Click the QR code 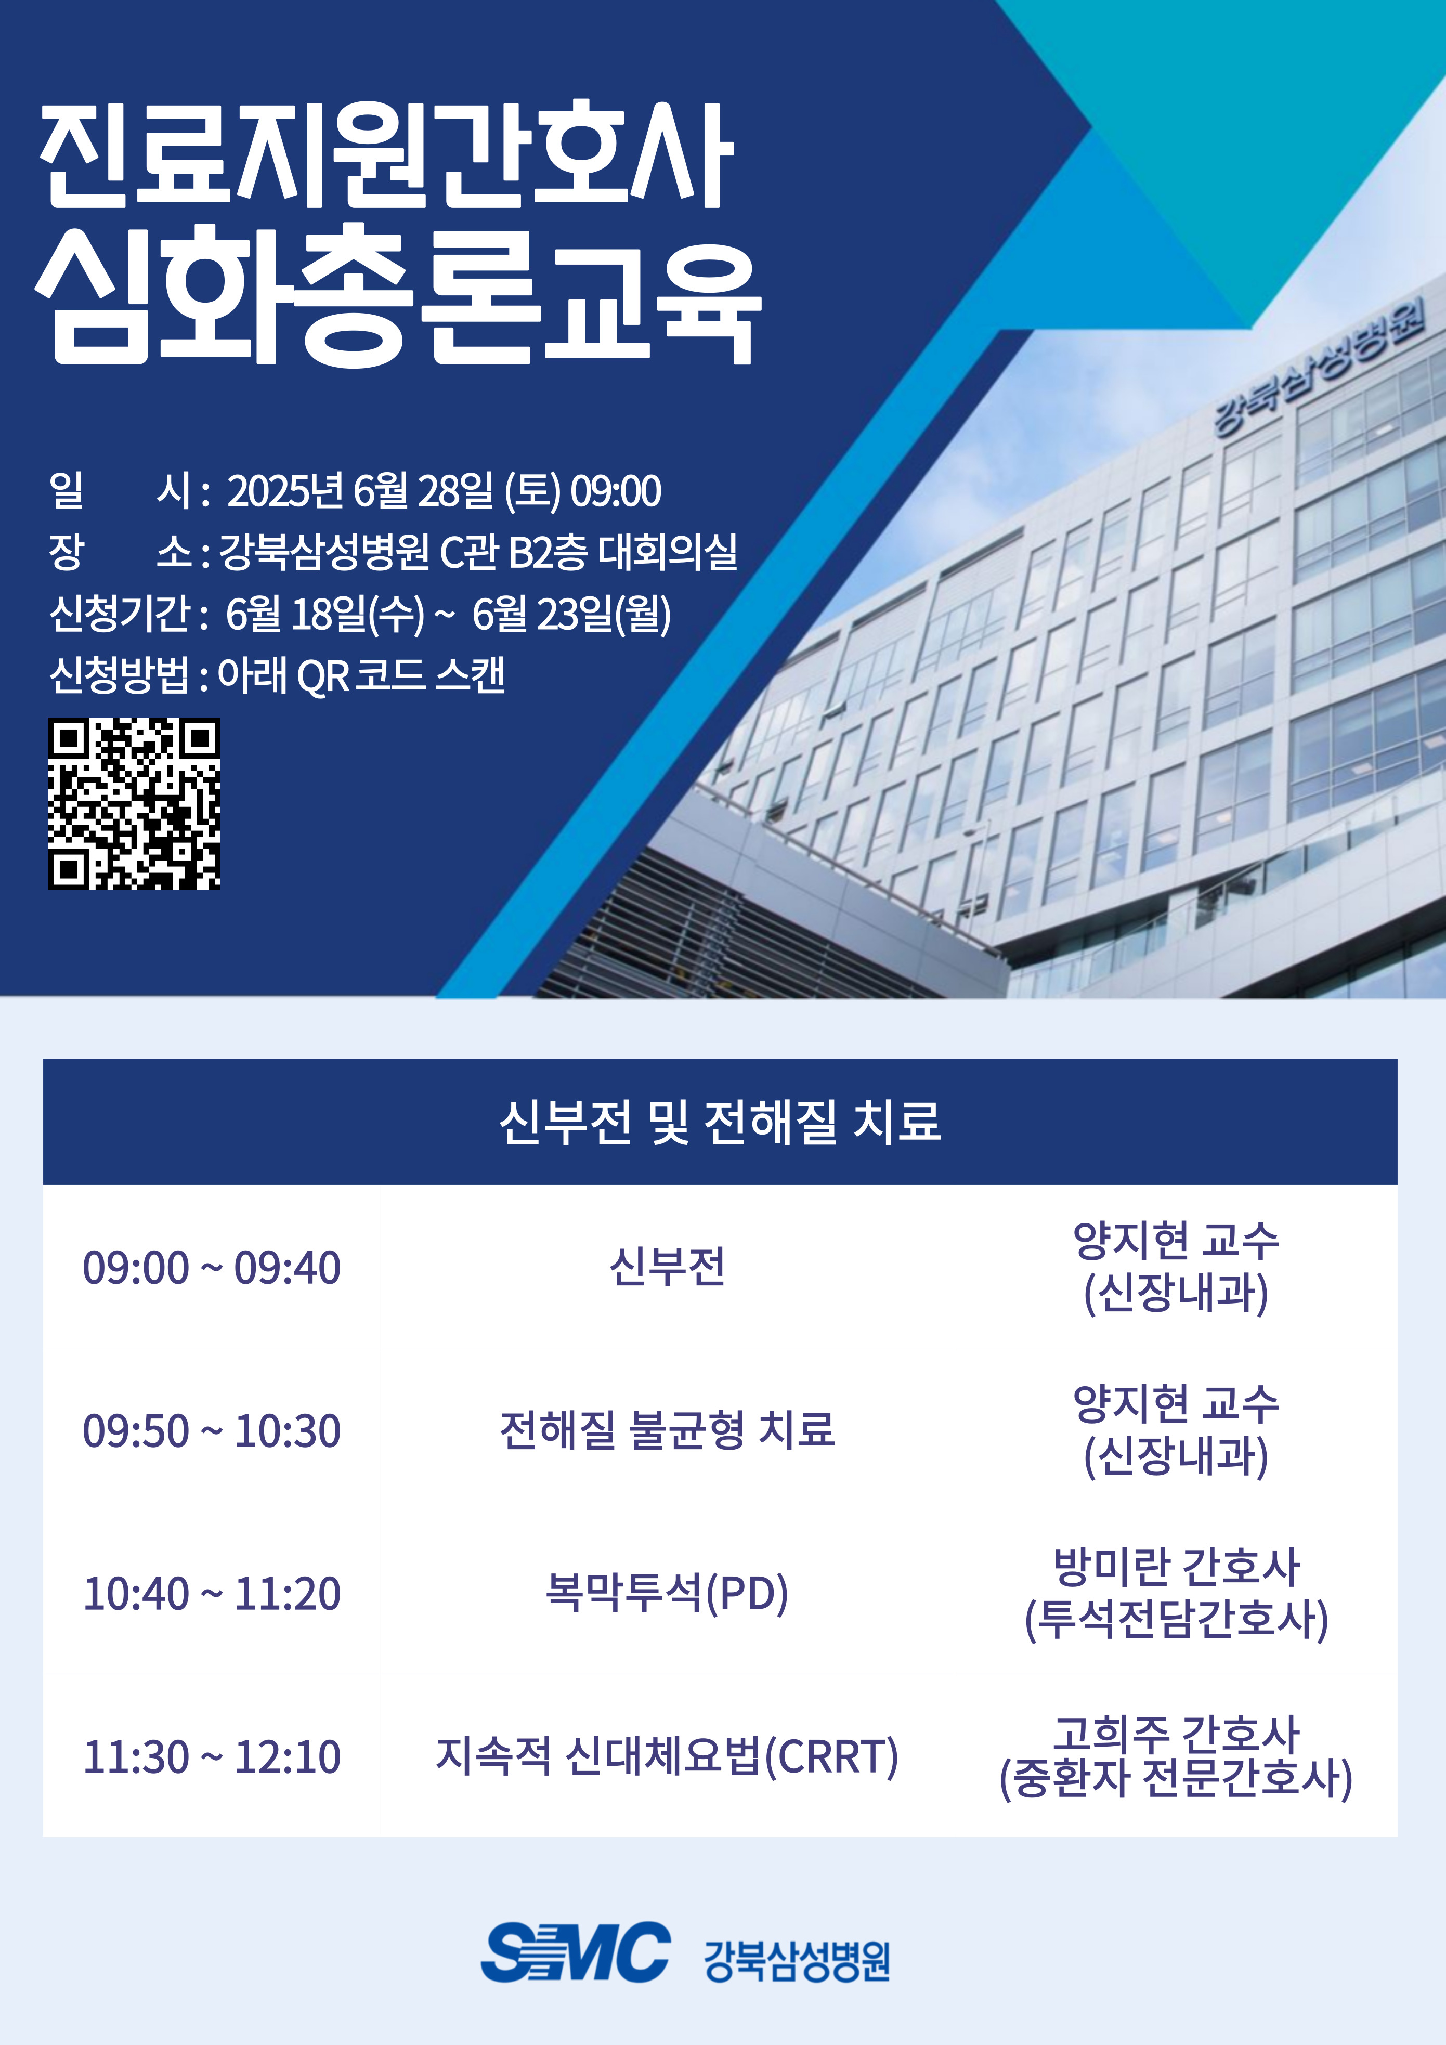click(134, 803)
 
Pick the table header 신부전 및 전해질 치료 click(720, 1122)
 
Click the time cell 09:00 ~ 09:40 click(212, 1268)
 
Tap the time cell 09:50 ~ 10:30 click(212, 1430)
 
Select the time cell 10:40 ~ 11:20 click(212, 1594)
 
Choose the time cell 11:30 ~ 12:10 click(212, 1756)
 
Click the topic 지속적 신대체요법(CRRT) click(667, 1756)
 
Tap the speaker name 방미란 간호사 click(1177, 1567)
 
